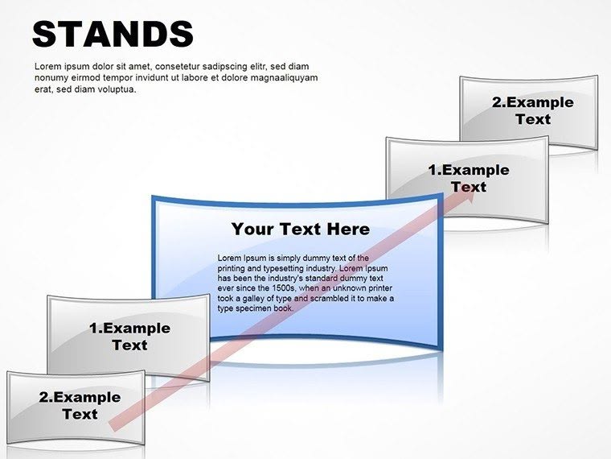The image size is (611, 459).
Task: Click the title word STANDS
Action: (x=113, y=34)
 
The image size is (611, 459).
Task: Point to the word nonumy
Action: (x=51, y=77)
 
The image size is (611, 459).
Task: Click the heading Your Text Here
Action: (x=301, y=229)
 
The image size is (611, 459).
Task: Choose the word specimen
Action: (x=257, y=308)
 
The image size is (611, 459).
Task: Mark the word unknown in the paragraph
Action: (x=346, y=287)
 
